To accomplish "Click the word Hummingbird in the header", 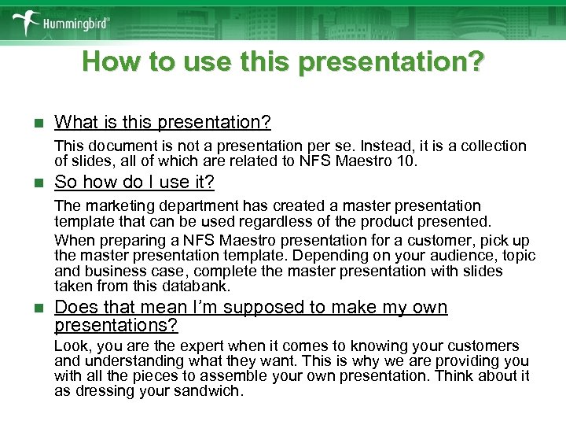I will point(77,23).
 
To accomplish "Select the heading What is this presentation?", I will point(163,122).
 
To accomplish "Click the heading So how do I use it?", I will point(134,183).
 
